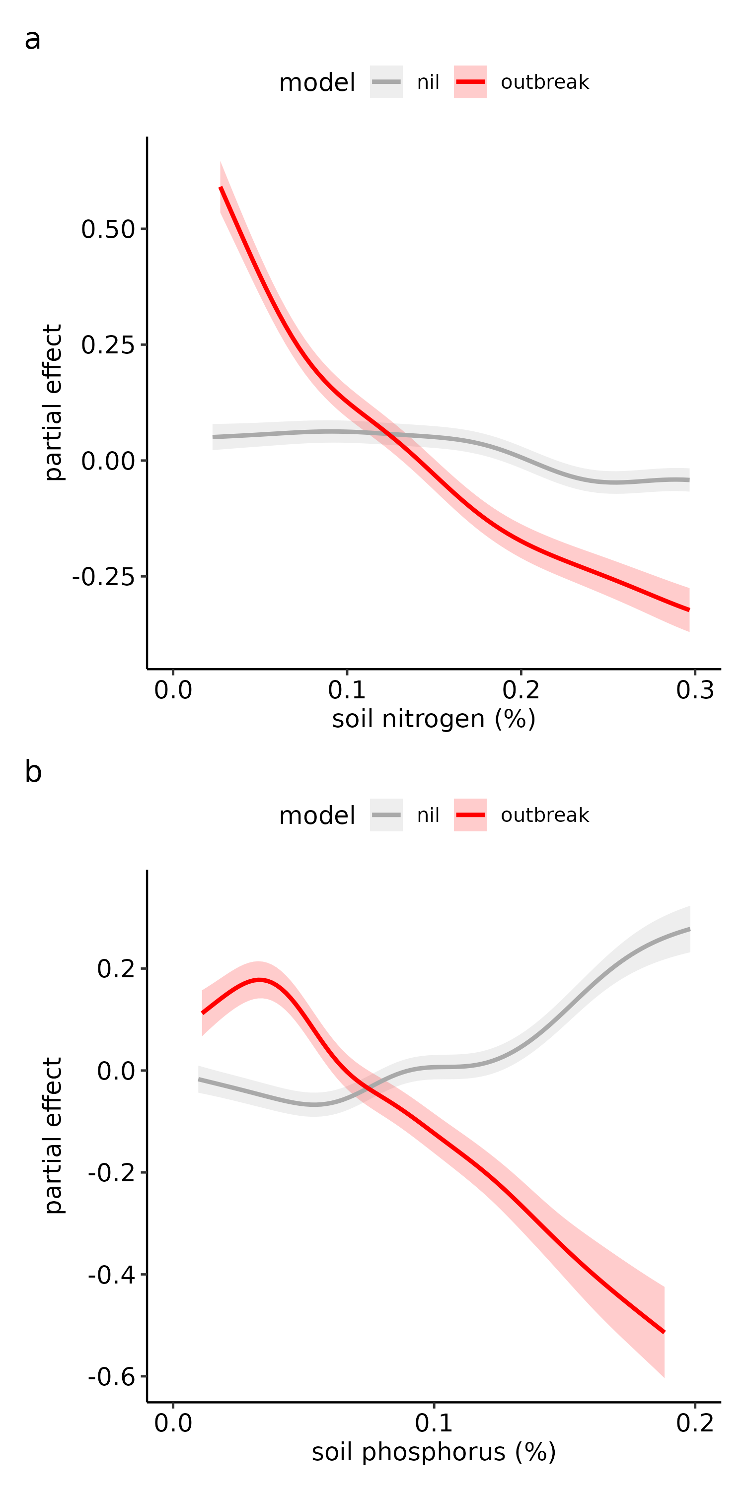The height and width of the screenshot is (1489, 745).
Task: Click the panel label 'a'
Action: [32, 40]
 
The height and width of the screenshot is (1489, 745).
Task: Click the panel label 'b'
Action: [33, 772]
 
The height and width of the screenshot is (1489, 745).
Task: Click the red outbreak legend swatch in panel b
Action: [470, 815]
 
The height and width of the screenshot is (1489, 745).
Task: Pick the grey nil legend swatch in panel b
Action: [386, 815]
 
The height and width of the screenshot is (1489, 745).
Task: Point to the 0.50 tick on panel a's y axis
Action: [108, 229]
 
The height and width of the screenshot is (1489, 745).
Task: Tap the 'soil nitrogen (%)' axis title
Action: [433, 719]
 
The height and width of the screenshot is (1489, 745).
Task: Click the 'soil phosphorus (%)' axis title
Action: [433, 1452]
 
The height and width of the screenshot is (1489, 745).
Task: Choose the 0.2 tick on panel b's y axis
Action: [116, 969]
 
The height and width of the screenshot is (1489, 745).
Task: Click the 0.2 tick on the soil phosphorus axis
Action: [695, 1423]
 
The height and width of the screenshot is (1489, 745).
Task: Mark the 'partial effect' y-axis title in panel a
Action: [53, 403]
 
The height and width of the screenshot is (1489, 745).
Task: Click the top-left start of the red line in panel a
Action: [221, 188]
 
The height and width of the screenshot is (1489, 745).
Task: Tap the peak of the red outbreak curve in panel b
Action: [260, 980]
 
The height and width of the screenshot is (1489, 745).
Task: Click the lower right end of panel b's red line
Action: [664, 1332]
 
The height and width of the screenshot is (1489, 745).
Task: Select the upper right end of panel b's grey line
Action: [689, 929]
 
